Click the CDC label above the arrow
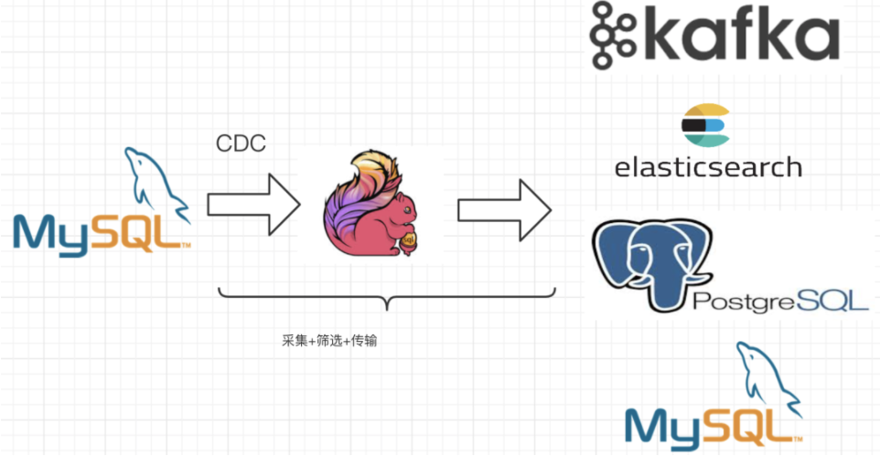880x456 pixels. point(241,144)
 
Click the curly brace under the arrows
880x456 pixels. point(387,297)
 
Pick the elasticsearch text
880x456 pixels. point(708,167)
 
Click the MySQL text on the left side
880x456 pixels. point(101,232)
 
